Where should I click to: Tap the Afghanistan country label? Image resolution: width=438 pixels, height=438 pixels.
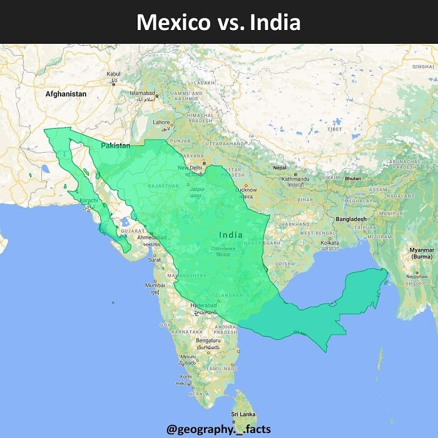(66, 94)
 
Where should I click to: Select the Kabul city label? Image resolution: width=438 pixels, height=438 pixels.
(113, 74)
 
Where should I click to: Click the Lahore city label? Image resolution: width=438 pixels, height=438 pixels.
(162, 123)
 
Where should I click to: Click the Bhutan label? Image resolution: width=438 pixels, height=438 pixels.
(353, 178)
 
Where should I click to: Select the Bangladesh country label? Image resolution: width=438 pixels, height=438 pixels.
(350, 220)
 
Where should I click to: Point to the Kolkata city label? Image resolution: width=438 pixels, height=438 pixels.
(329, 242)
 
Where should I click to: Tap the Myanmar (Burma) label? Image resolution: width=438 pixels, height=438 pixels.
(421, 253)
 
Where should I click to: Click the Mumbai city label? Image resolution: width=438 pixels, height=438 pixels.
(155, 285)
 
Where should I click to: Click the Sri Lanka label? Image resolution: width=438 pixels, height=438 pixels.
(242, 414)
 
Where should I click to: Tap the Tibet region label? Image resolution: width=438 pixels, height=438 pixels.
(335, 129)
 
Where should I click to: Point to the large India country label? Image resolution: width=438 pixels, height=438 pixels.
(231, 235)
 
